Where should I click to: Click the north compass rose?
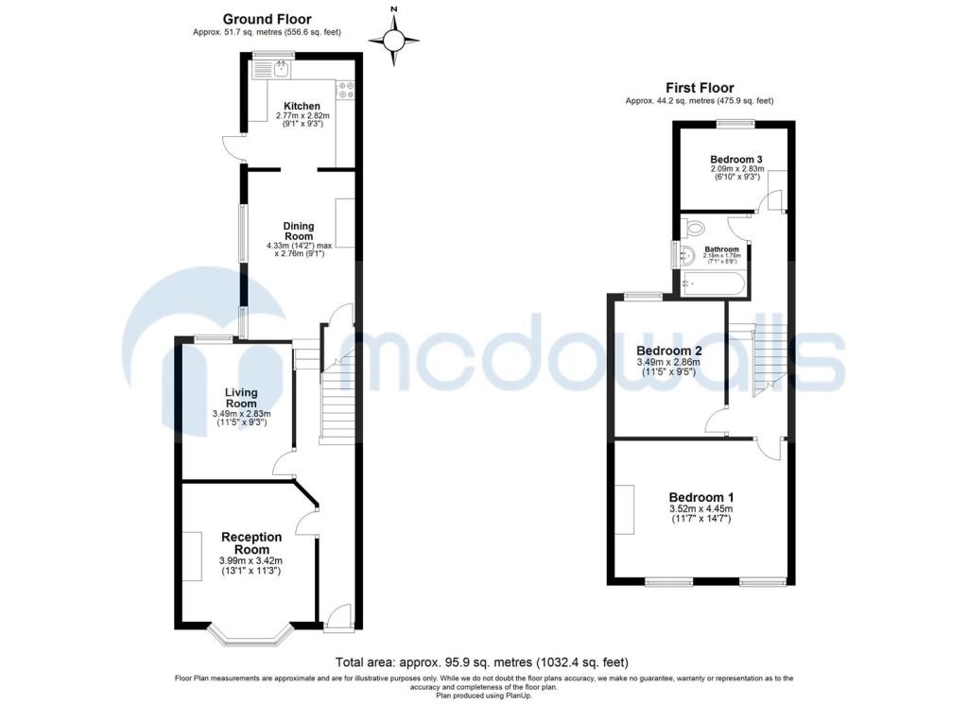tap(394, 41)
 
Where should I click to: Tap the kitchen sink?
tap(282, 68)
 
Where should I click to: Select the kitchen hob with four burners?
tap(345, 90)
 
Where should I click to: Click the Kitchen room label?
tap(302, 106)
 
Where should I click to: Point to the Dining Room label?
tap(299, 231)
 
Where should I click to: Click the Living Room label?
tap(241, 397)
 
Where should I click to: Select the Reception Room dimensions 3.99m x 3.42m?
tap(251, 561)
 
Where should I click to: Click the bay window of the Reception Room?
tap(250, 636)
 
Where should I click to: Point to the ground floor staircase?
tap(337, 395)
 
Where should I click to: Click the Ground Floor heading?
tap(268, 19)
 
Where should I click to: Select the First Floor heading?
tap(700, 88)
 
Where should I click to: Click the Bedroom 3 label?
tap(736, 159)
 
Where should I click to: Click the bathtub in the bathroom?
tap(713, 284)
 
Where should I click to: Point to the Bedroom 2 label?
tap(669, 351)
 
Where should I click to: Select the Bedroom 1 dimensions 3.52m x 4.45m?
tap(701, 509)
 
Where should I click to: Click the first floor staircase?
tap(769, 360)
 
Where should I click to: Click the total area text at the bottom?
tap(482, 662)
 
